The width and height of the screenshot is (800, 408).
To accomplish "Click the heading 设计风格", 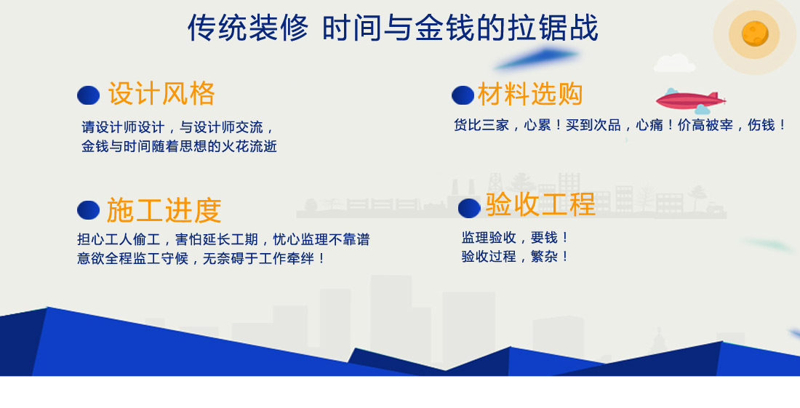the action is [x=161, y=94].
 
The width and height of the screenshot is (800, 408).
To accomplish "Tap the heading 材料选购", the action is [x=530, y=94].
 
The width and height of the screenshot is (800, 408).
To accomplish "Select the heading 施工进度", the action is [x=164, y=210].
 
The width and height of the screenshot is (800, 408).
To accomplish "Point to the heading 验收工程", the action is [x=540, y=204].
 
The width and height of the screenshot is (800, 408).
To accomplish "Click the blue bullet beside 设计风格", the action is [x=88, y=95].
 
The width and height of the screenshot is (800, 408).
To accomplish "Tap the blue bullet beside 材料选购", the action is [x=463, y=95].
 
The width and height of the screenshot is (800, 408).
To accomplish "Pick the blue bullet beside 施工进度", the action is [x=88, y=210].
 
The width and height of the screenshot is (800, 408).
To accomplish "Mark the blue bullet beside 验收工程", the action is [x=469, y=208].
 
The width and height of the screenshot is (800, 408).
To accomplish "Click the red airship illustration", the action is [x=691, y=100].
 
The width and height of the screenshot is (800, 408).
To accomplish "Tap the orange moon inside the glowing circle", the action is [x=755, y=33].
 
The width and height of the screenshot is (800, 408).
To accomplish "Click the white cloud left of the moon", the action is [x=674, y=63].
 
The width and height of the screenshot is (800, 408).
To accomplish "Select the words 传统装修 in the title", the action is [x=248, y=28].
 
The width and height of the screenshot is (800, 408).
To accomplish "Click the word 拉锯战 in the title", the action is [x=553, y=28].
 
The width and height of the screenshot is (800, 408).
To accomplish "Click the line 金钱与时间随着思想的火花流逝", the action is [x=179, y=146].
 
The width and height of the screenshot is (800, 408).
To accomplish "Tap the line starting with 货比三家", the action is [x=620, y=125].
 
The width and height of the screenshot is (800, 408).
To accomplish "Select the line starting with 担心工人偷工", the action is [x=223, y=239].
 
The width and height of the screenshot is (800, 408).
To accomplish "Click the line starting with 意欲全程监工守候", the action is [x=201, y=259].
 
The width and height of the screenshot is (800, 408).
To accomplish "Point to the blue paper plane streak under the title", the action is [x=536, y=59].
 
